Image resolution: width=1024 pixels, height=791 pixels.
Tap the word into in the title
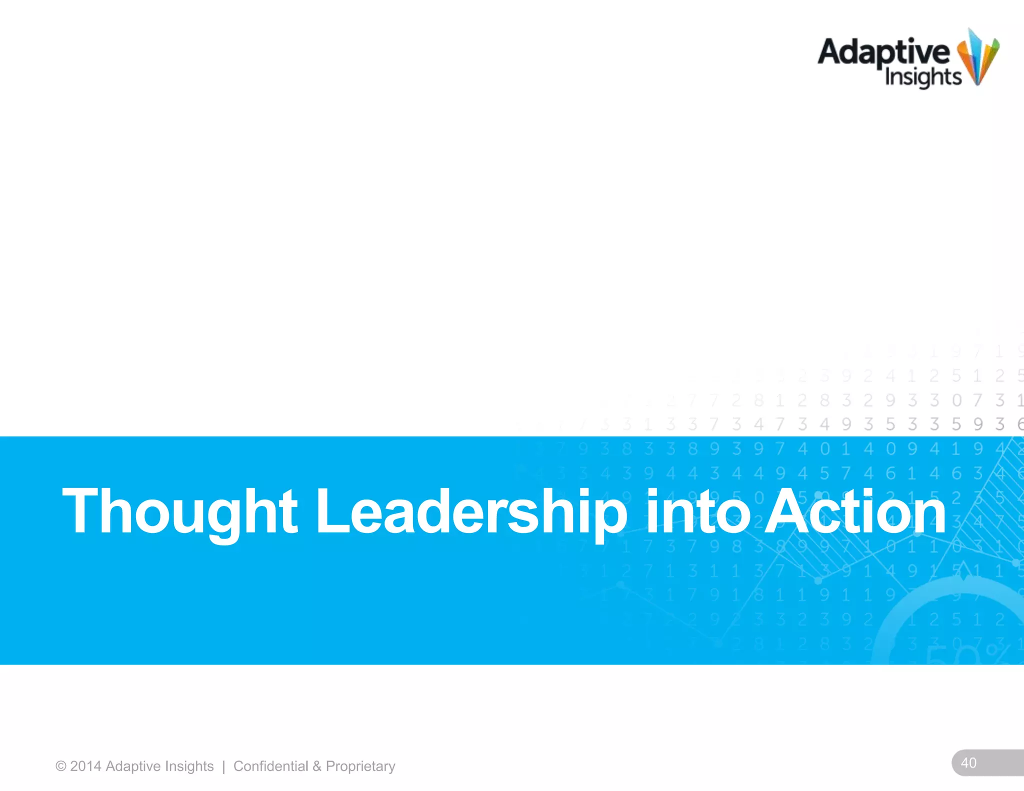pyautogui.click(x=698, y=511)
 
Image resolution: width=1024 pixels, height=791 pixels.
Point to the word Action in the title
pyautogui.click(x=855, y=511)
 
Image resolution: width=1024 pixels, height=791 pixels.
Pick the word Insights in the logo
pyautogui.click(x=923, y=77)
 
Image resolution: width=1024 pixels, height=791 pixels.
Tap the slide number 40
pyautogui.click(x=968, y=762)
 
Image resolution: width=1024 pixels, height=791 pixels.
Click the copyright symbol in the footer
pyautogui.click(x=61, y=766)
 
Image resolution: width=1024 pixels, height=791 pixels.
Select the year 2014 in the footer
pyautogui.click(x=85, y=766)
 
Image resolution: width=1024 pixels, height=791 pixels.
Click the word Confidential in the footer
pyautogui.click(x=270, y=766)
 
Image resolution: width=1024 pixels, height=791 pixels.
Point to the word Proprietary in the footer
pyautogui.click(x=360, y=766)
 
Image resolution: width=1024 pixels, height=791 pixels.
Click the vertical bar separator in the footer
pyautogui.click(x=223, y=766)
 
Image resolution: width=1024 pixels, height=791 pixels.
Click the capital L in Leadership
pyautogui.click(x=330, y=511)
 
